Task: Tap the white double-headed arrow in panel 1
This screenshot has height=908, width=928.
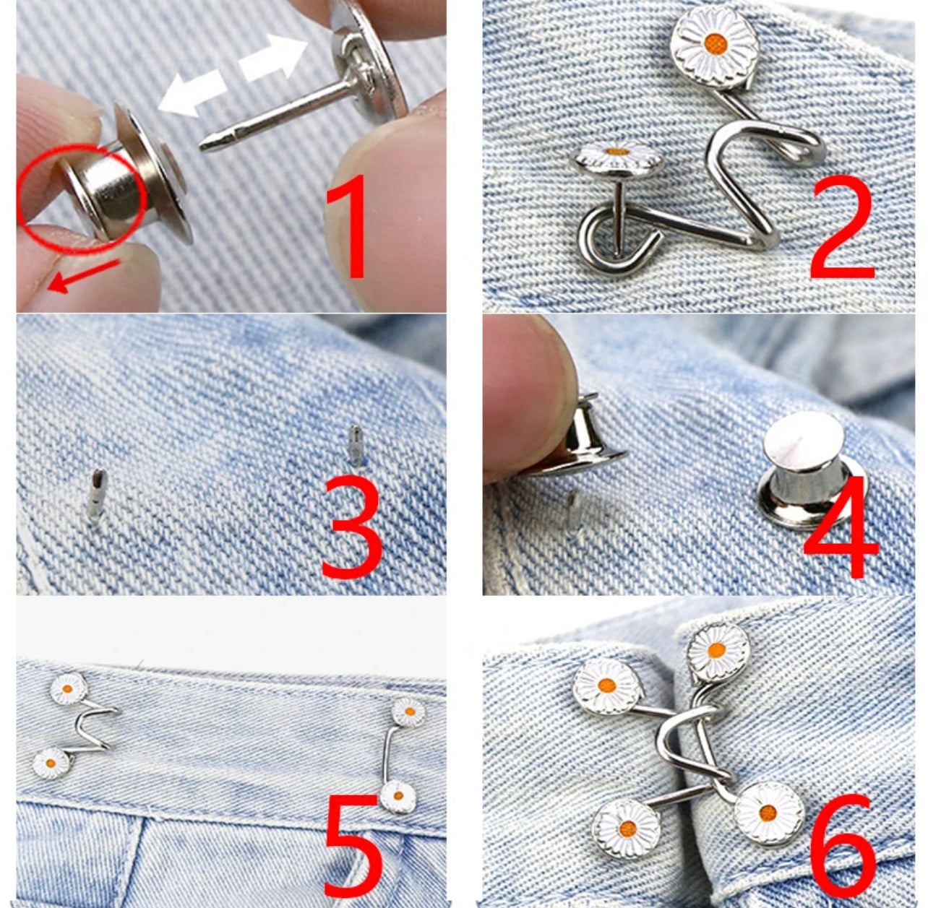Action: click(x=234, y=77)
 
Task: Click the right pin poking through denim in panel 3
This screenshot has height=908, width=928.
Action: click(x=356, y=446)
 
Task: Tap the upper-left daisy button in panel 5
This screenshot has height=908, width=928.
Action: click(x=69, y=688)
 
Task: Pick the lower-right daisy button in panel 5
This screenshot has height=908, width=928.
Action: click(x=398, y=797)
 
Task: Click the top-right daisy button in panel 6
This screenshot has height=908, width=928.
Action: click(x=718, y=652)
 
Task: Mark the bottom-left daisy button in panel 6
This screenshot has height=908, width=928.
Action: click(x=626, y=829)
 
